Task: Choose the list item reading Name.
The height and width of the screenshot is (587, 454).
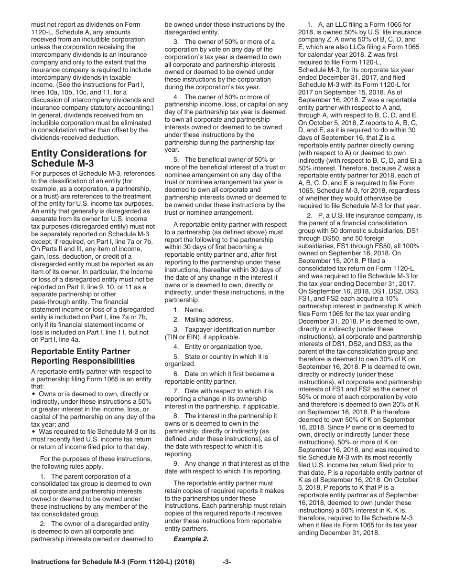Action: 195,310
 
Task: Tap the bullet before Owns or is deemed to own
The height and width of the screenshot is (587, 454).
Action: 33,394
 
